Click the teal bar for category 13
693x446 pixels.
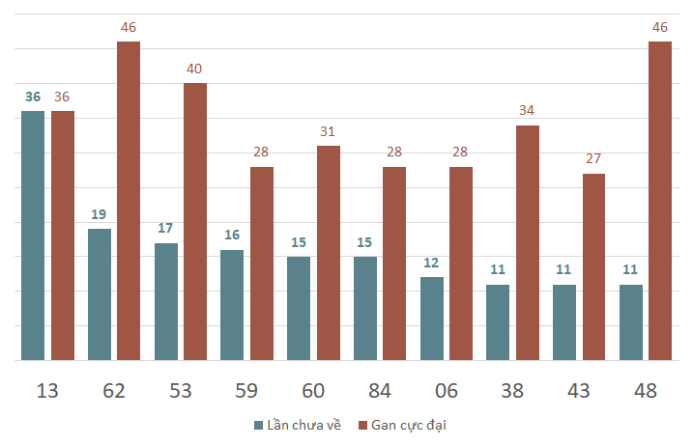click(x=33, y=236)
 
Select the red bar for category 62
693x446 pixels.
click(x=129, y=201)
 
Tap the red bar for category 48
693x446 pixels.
click(x=660, y=201)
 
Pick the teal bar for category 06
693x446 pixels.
click(x=432, y=319)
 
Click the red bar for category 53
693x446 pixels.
click(x=195, y=222)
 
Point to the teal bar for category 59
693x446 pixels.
click(x=232, y=305)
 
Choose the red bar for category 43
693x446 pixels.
click(x=593, y=267)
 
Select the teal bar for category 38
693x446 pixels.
click(x=498, y=322)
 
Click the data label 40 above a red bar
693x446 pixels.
click(x=194, y=69)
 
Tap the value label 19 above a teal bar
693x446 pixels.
click(x=99, y=214)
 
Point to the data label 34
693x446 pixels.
click(x=527, y=110)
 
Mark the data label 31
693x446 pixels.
click(x=328, y=131)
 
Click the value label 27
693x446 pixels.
click(x=593, y=158)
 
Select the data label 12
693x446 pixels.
click(x=431, y=264)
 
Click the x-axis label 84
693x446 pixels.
click(x=380, y=391)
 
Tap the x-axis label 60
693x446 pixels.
click(x=313, y=391)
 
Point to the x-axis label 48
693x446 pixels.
click(x=646, y=391)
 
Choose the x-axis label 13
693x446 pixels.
click(x=47, y=391)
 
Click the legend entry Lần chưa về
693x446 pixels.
click(x=298, y=425)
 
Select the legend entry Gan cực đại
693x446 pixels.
click(x=402, y=426)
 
